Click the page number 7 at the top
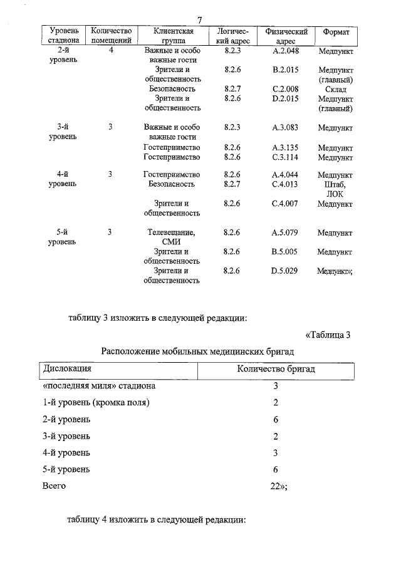pos(200,19)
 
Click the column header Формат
pos(335,33)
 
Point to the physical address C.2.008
pos(286,90)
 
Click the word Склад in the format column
pos(335,90)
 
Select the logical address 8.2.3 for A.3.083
pos(232,128)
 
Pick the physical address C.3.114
pos(286,157)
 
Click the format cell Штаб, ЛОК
pos(335,189)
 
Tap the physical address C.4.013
pos(286,184)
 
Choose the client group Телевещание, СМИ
pos(172,237)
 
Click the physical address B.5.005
pos(286,252)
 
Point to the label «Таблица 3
pos(328,335)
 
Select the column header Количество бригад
pos(276,369)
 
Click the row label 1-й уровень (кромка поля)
pos(96,403)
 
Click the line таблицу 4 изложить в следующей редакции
pos(157,520)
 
